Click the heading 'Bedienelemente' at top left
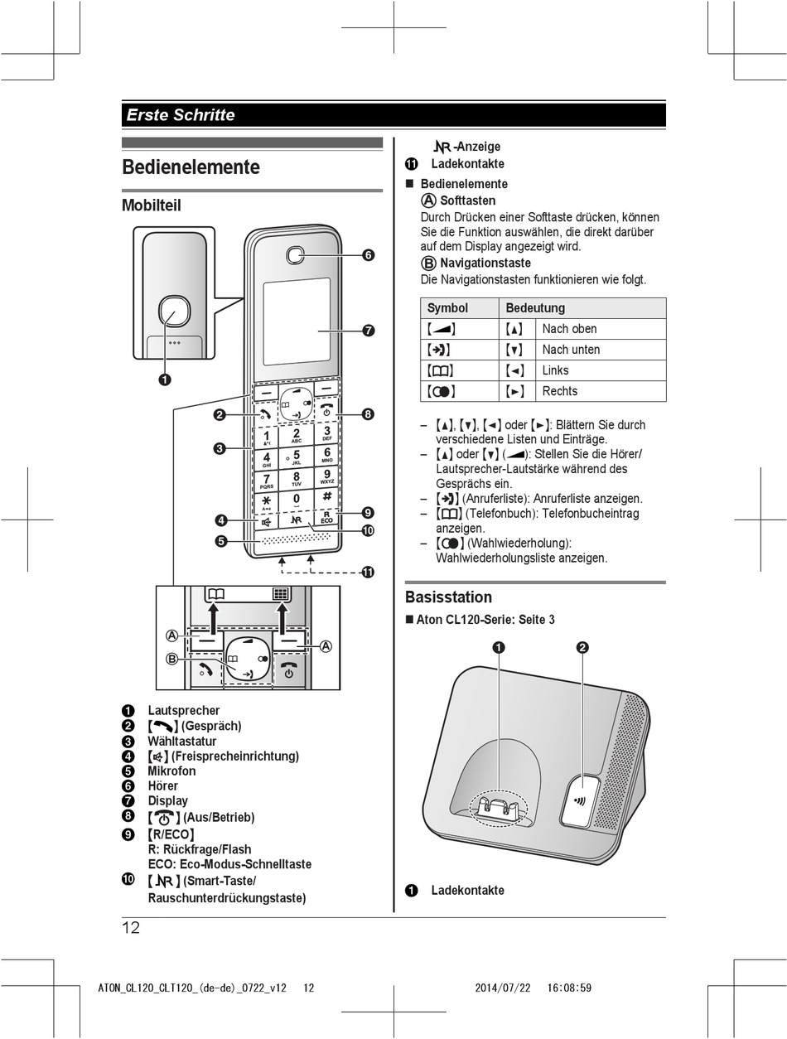(191, 167)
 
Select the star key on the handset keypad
(266, 502)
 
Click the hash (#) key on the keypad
(327, 497)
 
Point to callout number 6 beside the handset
(368, 255)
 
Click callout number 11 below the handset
(368, 572)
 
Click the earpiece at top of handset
(296, 255)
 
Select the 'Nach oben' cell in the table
(569, 329)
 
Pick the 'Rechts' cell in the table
(560, 391)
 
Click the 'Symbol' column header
(447, 308)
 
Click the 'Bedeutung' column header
(535, 308)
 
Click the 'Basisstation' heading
(448, 597)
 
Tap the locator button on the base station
(582, 800)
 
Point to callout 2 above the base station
(582, 648)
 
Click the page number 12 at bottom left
(131, 928)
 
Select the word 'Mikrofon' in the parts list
(171, 771)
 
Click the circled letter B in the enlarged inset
(171, 660)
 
